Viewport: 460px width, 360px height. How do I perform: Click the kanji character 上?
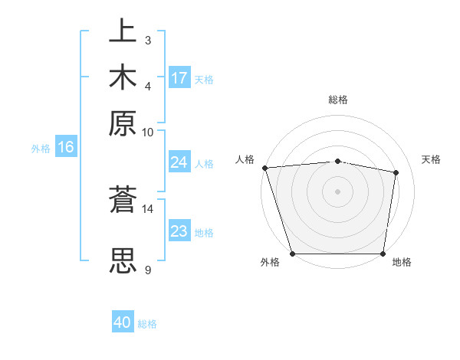click(123, 33)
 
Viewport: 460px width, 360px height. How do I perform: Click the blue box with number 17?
click(179, 78)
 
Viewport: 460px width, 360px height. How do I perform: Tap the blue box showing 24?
click(179, 162)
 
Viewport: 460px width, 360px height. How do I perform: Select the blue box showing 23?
click(179, 231)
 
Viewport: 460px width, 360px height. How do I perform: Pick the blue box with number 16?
click(66, 147)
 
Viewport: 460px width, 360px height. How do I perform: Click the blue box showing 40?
click(123, 322)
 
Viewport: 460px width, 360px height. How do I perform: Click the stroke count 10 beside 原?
click(148, 131)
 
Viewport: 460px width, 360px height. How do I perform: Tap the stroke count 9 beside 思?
click(148, 269)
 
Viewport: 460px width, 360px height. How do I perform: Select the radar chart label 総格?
click(338, 100)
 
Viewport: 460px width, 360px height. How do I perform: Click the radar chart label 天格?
click(431, 159)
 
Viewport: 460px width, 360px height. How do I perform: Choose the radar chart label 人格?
click(245, 159)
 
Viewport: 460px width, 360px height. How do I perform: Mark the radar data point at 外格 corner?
click(293, 254)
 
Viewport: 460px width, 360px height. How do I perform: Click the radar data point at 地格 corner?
click(383, 254)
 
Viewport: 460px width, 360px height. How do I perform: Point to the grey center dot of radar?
click(338, 191)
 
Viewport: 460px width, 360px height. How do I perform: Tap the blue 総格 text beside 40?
click(148, 324)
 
